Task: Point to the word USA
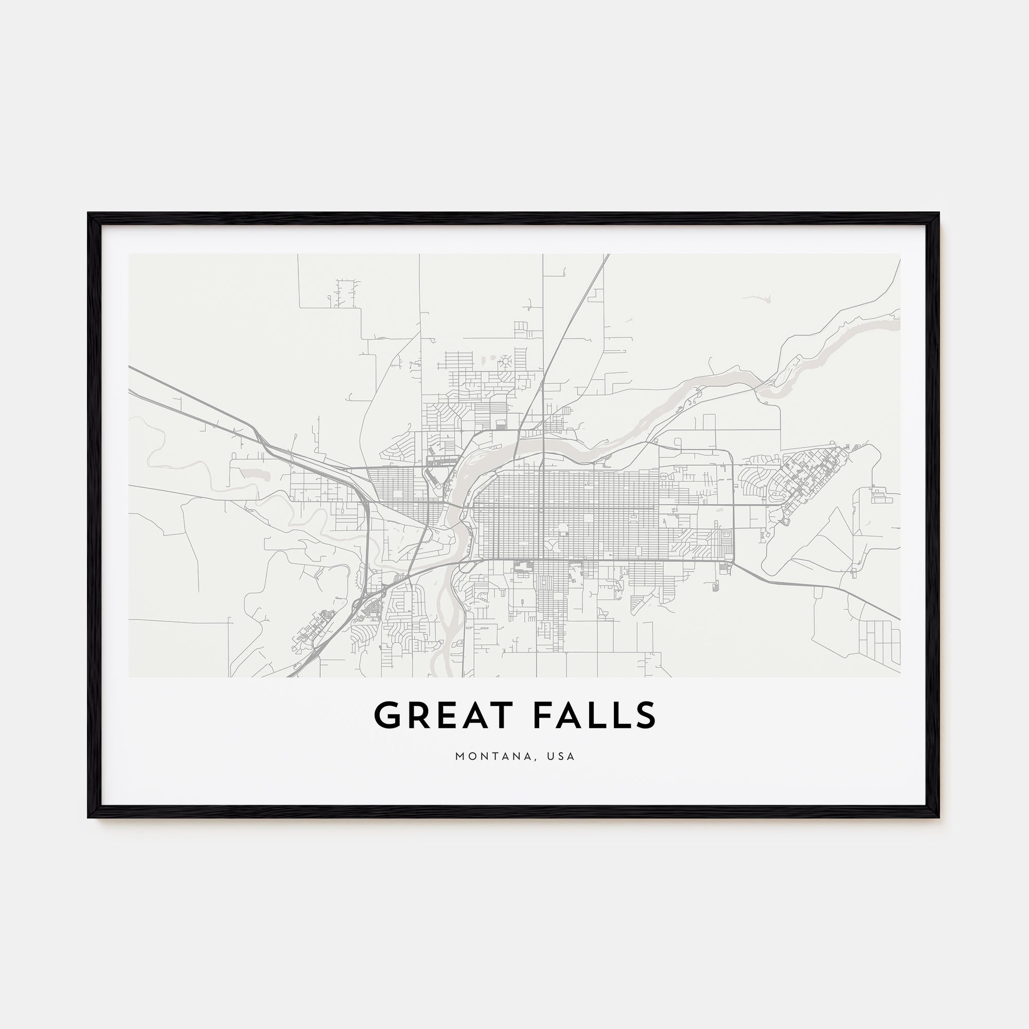click(562, 756)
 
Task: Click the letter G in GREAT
click(388, 715)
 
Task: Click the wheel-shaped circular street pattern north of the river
click(504, 363)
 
